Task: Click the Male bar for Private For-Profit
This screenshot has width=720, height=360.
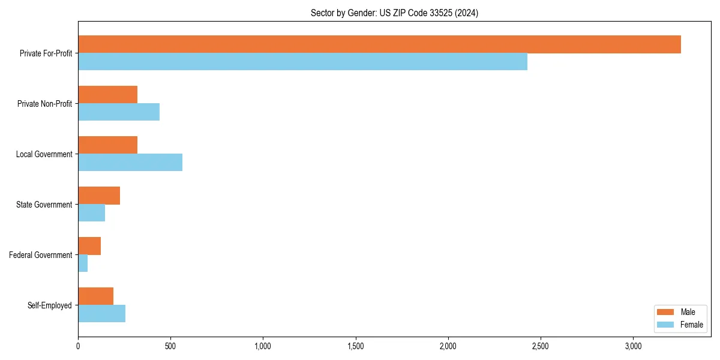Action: (379, 44)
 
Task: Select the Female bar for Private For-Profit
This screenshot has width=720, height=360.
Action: (302, 62)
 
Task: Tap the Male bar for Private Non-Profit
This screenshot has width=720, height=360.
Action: (107, 95)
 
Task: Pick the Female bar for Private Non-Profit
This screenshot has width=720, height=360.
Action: (119, 112)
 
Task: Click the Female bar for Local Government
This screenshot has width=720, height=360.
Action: (130, 163)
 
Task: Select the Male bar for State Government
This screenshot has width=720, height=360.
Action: (99, 196)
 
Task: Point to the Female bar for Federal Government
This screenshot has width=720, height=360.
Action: (83, 263)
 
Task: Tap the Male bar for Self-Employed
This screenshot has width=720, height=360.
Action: (95, 296)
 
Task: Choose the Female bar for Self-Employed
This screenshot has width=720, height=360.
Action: (101, 314)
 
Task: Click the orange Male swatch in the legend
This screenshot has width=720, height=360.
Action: (666, 312)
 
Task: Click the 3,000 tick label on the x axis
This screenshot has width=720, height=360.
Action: (633, 346)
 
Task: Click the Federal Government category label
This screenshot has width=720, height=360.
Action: (41, 255)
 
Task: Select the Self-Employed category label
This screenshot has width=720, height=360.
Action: (50, 305)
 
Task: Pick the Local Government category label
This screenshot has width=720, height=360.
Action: (44, 154)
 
